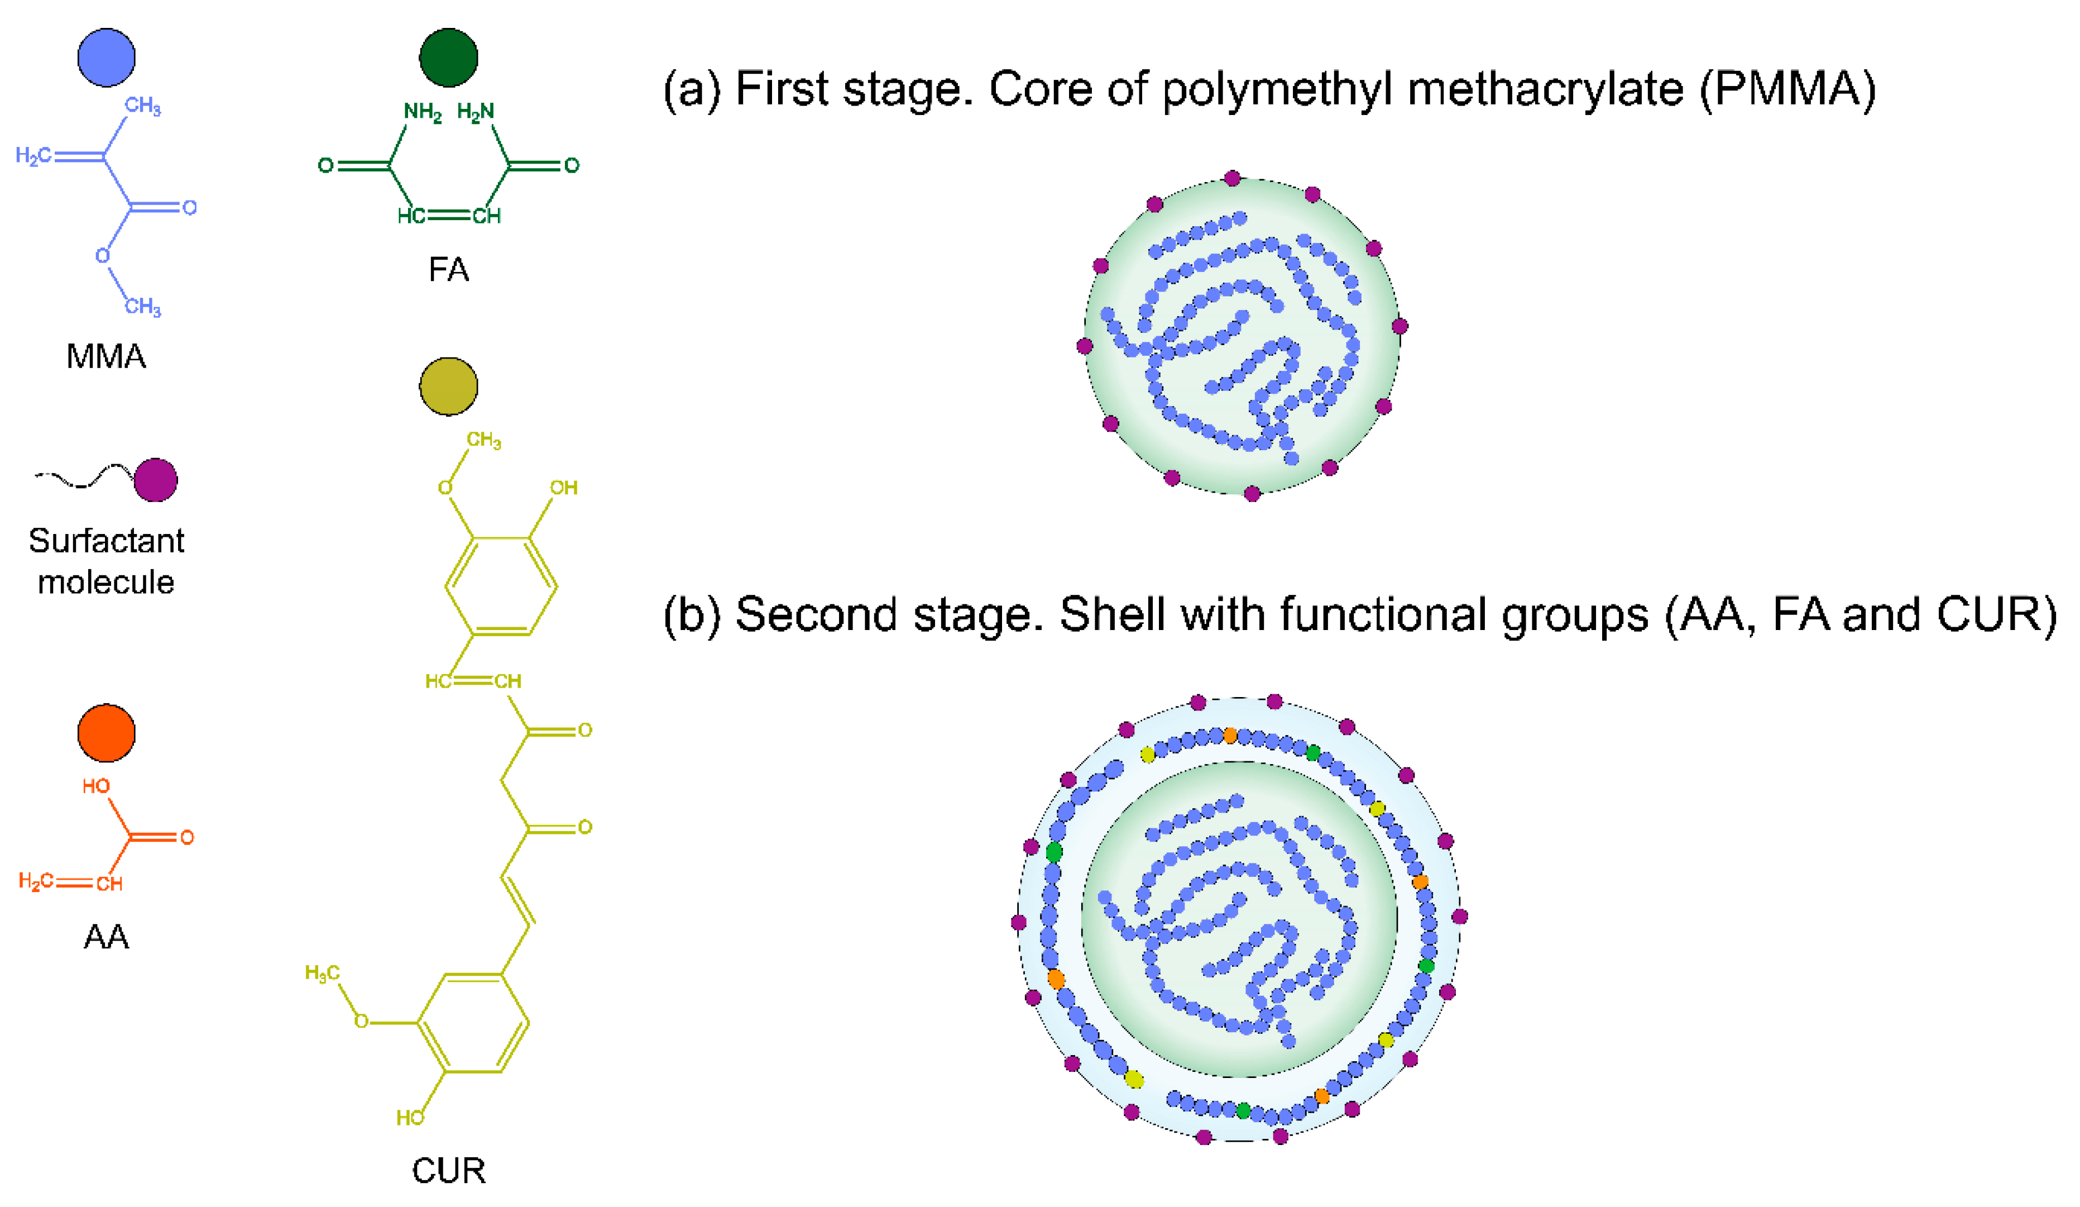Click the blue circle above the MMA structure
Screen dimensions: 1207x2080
point(107,57)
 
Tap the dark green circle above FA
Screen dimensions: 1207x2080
point(448,57)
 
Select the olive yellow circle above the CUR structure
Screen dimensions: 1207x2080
point(448,385)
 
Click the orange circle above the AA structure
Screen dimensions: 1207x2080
point(107,732)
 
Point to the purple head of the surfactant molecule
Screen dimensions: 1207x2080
point(155,480)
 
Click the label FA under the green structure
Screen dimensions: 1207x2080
point(448,270)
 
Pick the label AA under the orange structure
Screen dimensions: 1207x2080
point(107,937)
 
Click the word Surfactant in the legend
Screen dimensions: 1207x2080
point(107,541)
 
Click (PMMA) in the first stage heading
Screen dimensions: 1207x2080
point(1787,89)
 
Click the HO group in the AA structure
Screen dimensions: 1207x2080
point(96,786)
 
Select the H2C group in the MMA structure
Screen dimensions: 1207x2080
point(33,155)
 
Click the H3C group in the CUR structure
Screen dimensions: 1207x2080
point(322,974)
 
